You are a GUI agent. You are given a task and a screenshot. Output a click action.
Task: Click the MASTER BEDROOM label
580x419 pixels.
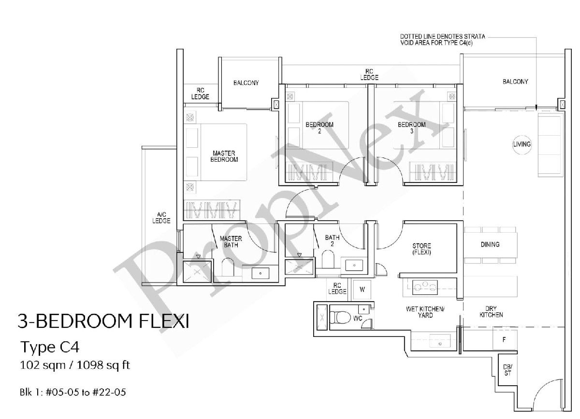[224, 156]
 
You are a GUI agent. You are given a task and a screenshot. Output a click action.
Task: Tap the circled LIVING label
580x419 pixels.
[522, 144]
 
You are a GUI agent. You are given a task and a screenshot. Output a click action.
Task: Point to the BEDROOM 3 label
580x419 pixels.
[411, 127]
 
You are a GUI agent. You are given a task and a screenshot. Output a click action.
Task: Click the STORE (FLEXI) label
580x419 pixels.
[421, 249]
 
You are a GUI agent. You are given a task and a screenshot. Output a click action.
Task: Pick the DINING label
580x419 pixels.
[490, 245]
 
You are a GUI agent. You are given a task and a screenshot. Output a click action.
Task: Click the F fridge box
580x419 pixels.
[504, 339]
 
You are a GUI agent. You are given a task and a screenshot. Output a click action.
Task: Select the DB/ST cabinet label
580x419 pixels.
[508, 371]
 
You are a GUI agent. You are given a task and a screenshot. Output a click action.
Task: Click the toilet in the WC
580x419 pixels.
[341, 317]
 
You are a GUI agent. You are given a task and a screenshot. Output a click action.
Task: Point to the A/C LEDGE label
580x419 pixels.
[161, 218]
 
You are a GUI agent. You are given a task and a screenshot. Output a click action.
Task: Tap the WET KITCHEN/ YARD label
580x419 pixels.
[425, 312]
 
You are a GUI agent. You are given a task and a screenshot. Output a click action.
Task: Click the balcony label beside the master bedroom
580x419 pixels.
[246, 83]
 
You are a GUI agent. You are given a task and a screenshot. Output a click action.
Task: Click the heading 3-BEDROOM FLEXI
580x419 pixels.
[102, 321]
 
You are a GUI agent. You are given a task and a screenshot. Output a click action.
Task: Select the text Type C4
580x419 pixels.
[50, 347]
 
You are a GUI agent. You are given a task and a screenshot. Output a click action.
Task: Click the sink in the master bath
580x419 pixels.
[261, 273]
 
